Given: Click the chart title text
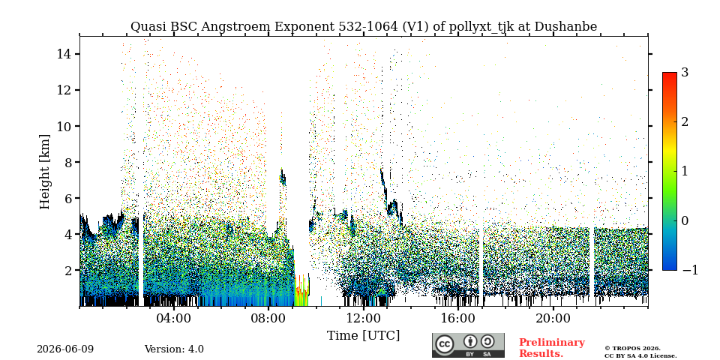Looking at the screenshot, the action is click(364, 27).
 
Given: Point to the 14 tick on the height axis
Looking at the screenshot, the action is click(66, 54).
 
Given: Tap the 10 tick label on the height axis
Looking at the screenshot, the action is click(66, 126).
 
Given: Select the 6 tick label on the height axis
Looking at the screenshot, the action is click(70, 198).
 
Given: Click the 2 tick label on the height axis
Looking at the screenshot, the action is click(70, 271).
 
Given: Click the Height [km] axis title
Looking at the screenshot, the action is click(44, 172).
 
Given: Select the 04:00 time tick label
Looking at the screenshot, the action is click(174, 318).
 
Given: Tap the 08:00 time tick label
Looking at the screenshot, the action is click(268, 318).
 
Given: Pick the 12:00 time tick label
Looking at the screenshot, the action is click(364, 318).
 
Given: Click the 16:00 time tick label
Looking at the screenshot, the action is click(458, 318).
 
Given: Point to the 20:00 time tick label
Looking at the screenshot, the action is click(553, 318).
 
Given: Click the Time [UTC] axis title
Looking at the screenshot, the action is click(363, 336).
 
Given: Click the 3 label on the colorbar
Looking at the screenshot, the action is click(685, 73).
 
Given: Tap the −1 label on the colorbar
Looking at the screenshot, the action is click(690, 270).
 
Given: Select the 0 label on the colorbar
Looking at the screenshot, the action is click(685, 220).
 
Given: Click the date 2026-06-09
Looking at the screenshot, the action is click(65, 349).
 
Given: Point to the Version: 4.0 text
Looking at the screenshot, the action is click(174, 349).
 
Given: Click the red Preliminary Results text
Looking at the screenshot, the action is click(552, 348).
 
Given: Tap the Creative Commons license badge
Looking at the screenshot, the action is click(468, 345).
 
